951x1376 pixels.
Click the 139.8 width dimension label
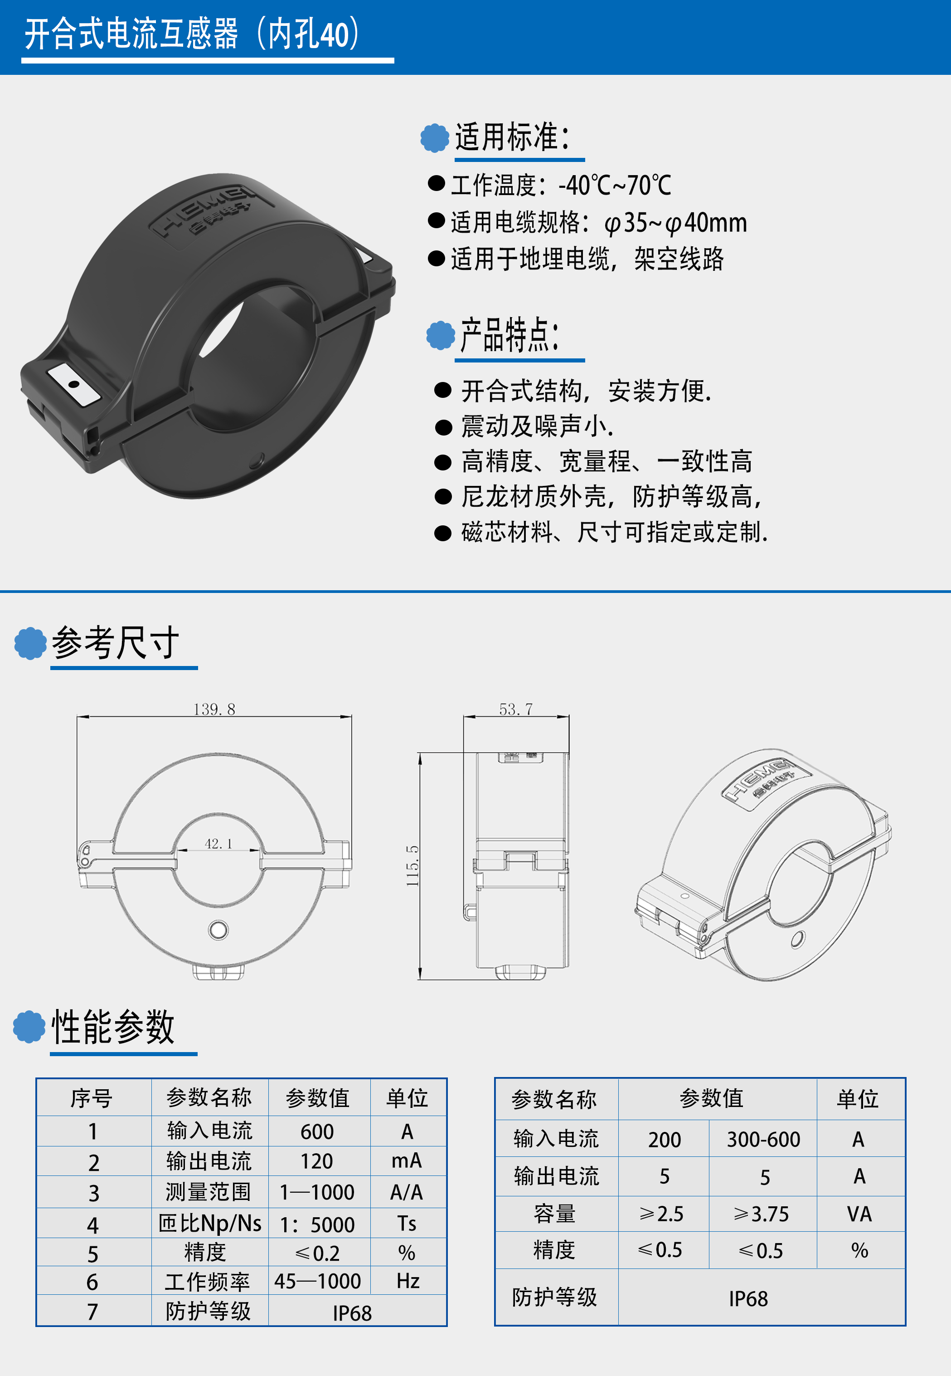tap(214, 709)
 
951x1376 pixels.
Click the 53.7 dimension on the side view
tap(515, 709)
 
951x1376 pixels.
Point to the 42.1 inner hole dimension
tap(218, 843)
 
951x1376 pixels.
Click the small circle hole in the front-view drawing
tap(218, 930)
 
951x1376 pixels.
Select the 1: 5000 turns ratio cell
tap(318, 1224)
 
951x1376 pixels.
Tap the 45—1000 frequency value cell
tap(318, 1281)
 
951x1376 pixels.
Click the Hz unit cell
tap(408, 1281)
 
